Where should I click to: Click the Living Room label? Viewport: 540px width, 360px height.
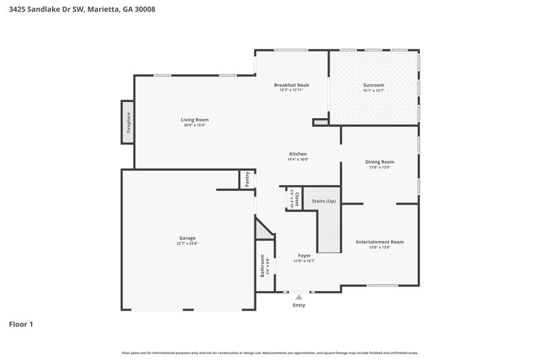pyautogui.click(x=194, y=120)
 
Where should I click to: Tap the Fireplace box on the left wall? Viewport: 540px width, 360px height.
pyautogui.click(x=128, y=122)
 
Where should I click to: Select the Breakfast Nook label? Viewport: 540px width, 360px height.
pyautogui.click(x=291, y=84)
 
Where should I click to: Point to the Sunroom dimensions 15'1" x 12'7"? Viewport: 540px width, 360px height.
pyautogui.click(x=373, y=91)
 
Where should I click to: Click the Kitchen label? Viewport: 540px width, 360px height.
pyautogui.click(x=298, y=154)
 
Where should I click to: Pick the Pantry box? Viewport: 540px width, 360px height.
pyautogui.click(x=248, y=180)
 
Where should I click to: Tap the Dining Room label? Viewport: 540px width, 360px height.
pyautogui.click(x=379, y=162)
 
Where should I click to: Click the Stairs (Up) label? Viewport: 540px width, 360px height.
pyautogui.click(x=323, y=201)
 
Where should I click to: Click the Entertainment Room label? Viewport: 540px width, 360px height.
pyautogui.click(x=379, y=242)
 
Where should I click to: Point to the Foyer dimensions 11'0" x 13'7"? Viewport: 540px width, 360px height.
pyautogui.click(x=304, y=261)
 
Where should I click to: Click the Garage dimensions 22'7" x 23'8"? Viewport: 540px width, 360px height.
pyautogui.click(x=187, y=244)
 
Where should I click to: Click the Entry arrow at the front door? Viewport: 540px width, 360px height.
pyautogui.click(x=298, y=297)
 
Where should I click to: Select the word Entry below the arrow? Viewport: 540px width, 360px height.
pyautogui.click(x=298, y=305)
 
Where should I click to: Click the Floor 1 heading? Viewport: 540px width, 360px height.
pyautogui.click(x=21, y=324)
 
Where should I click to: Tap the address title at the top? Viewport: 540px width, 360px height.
pyautogui.click(x=72, y=9)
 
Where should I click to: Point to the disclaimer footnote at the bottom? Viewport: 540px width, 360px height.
pyautogui.click(x=269, y=353)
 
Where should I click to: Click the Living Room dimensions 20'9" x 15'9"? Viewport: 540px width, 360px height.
pyautogui.click(x=194, y=125)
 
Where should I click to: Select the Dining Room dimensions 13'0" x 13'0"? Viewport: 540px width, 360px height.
pyautogui.click(x=379, y=168)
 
